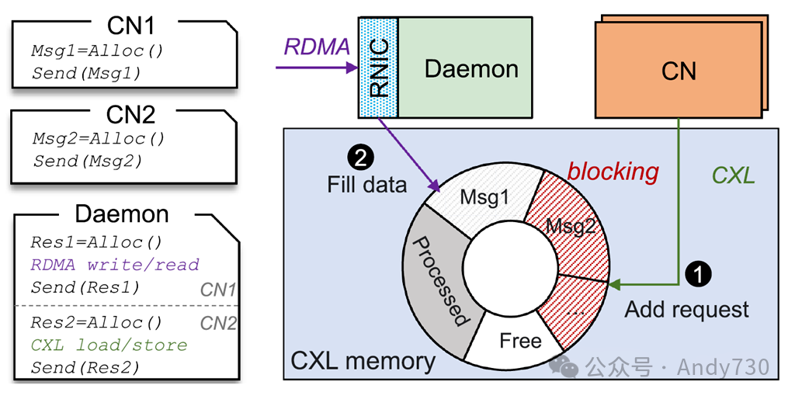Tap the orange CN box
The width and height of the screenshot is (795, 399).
(x=678, y=71)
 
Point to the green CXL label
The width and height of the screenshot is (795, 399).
(x=733, y=175)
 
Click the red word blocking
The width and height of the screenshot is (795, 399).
(x=613, y=172)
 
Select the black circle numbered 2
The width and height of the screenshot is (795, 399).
(x=362, y=158)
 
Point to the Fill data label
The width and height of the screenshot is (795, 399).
(x=366, y=186)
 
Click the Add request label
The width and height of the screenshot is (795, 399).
(x=687, y=310)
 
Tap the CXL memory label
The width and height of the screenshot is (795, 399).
(x=363, y=361)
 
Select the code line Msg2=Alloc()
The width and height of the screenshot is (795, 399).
(x=99, y=140)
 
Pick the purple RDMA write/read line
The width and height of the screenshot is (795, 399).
(x=115, y=264)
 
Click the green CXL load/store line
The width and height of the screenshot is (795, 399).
(x=109, y=344)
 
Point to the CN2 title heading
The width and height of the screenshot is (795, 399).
(x=130, y=115)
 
